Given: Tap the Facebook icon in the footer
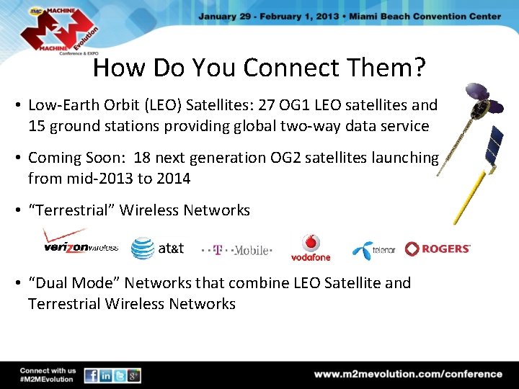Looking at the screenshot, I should point(92,375).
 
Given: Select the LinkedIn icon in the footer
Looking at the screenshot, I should point(106,375).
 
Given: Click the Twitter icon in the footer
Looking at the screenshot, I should point(120,375).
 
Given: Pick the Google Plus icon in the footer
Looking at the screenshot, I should point(133,375).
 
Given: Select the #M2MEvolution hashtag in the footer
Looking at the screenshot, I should point(47,379).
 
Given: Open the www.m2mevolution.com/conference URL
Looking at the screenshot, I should point(408,374).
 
